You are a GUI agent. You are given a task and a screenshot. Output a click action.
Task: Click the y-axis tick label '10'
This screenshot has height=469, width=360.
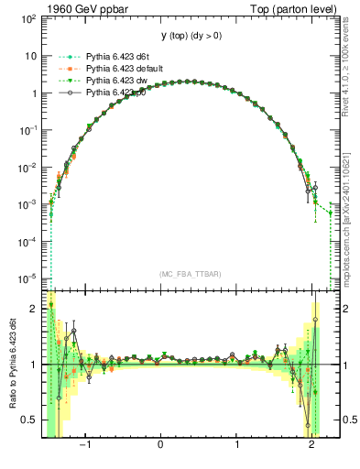coord(29,56)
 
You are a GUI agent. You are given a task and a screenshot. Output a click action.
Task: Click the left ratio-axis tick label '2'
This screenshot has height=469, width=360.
coord(34,309)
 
